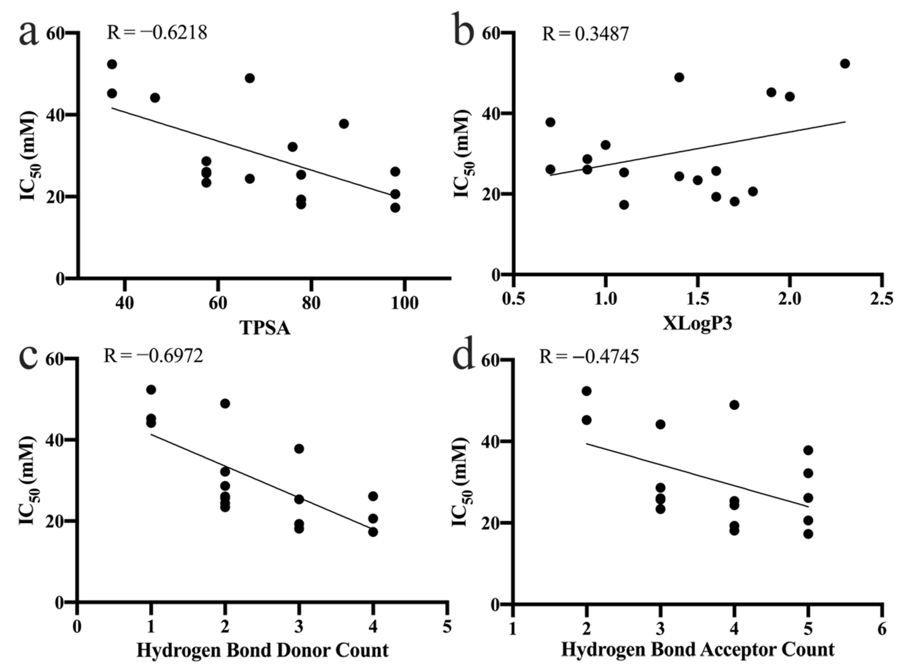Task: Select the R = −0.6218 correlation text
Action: tap(157, 32)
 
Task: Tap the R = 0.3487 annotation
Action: tap(585, 34)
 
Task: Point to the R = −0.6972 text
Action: tap(153, 356)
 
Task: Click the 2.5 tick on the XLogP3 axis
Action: tap(882, 299)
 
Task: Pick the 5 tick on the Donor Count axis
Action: tap(447, 627)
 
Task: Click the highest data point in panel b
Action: tap(845, 64)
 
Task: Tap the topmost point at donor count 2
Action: tap(225, 404)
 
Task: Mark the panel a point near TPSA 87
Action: tap(344, 124)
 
